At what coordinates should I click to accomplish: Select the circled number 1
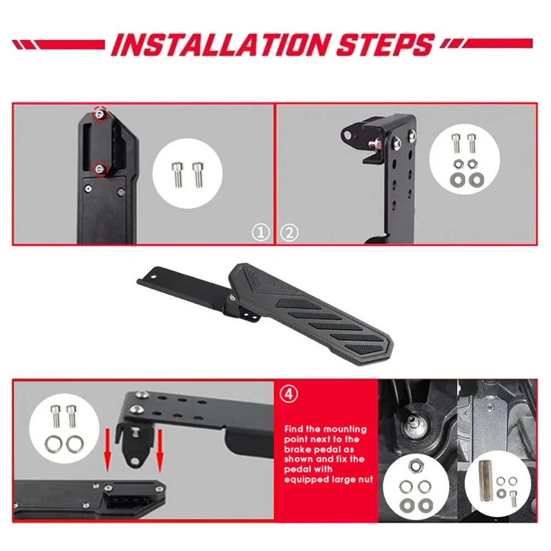coord(261,233)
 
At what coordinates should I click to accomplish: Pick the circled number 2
coord(289,233)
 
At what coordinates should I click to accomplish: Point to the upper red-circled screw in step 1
coord(100,112)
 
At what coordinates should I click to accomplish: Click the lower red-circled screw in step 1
coord(100,168)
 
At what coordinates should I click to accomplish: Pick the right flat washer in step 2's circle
coord(473,179)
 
